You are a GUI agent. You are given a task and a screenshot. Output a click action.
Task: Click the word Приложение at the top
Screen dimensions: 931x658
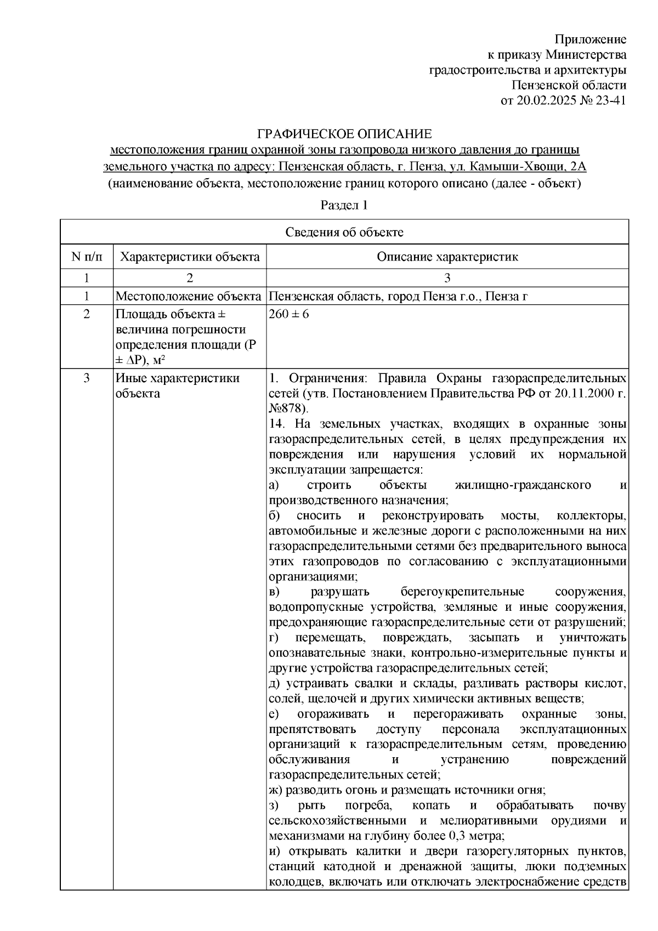click(x=590, y=39)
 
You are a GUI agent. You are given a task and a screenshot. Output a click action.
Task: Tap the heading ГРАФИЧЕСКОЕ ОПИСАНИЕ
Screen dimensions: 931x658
click(x=345, y=134)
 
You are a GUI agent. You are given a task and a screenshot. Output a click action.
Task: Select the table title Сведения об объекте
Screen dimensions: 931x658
click(x=344, y=232)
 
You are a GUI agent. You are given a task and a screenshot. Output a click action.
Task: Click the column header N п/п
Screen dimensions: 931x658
click(x=86, y=257)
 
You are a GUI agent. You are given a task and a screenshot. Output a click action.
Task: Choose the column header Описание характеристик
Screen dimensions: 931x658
click(x=447, y=257)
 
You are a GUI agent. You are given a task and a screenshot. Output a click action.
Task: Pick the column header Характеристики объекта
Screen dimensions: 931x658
click(x=190, y=257)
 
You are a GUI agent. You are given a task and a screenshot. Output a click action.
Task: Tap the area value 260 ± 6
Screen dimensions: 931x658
click(x=288, y=315)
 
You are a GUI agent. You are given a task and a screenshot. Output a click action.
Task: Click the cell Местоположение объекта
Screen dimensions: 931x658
click(x=188, y=297)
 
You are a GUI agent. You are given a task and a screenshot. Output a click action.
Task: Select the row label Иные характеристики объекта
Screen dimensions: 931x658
click(x=177, y=385)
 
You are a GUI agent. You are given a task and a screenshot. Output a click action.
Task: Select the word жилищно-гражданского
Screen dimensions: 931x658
click(x=523, y=485)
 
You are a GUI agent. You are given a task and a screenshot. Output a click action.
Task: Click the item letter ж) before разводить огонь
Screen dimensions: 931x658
click(x=276, y=790)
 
